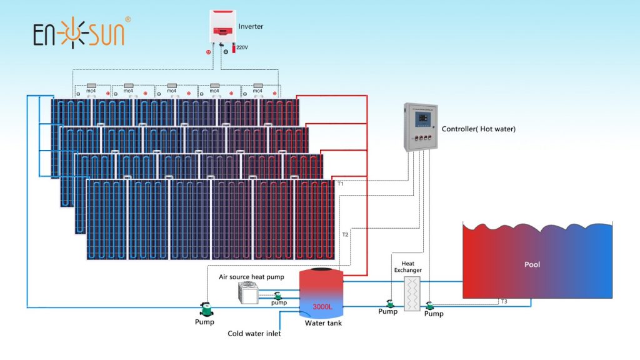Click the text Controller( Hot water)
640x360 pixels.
(478, 129)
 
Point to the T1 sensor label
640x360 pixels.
(341, 184)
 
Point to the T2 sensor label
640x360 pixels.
(345, 234)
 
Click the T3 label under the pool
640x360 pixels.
(504, 302)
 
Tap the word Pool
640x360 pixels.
(532, 264)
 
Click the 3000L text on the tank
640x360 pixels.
(322, 307)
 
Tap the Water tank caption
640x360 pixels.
(323, 323)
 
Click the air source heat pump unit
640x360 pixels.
(249, 292)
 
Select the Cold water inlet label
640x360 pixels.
(254, 334)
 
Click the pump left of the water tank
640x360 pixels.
(204, 308)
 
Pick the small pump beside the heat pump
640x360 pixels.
(278, 295)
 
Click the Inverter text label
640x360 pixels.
(251, 27)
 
